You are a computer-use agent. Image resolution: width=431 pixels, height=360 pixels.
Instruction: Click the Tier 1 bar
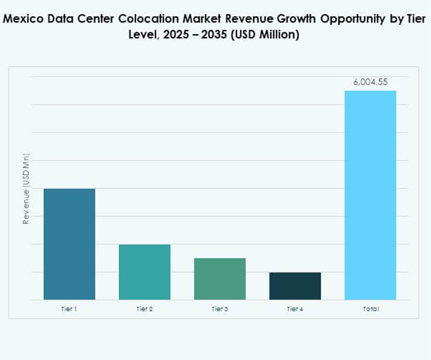pyautogui.click(x=69, y=244)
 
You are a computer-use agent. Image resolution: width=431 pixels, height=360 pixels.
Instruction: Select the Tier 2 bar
pyautogui.click(x=144, y=272)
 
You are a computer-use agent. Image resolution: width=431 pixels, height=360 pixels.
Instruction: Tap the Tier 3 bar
pyautogui.click(x=220, y=279)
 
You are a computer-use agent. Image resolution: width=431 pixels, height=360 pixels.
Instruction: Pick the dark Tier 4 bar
pyautogui.click(x=295, y=286)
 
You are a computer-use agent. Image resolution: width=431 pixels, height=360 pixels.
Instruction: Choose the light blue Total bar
pyautogui.click(x=370, y=195)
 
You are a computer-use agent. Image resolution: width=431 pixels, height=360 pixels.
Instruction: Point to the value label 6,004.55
pyautogui.click(x=370, y=82)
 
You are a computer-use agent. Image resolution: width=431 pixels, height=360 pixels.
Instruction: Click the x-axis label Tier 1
pyautogui.click(x=69, y=308)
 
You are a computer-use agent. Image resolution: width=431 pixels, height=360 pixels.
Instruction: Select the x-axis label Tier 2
pyautogui.click(x=144, y=308)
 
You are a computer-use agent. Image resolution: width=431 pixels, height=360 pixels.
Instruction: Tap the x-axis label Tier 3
pyautogui.click(x=220, y=308)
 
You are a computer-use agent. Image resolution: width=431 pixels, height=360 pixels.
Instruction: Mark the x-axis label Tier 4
pyautogui.click(x=295, y=308)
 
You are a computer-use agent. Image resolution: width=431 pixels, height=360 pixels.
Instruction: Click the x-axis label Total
pyautogui.click(x=370, y=308)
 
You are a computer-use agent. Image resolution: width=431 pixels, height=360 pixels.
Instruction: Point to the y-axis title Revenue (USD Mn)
pyautogui.click(x=26, y=189)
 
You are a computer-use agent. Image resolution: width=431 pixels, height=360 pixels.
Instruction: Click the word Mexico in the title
pyautogui.click(x=22, y=19)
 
